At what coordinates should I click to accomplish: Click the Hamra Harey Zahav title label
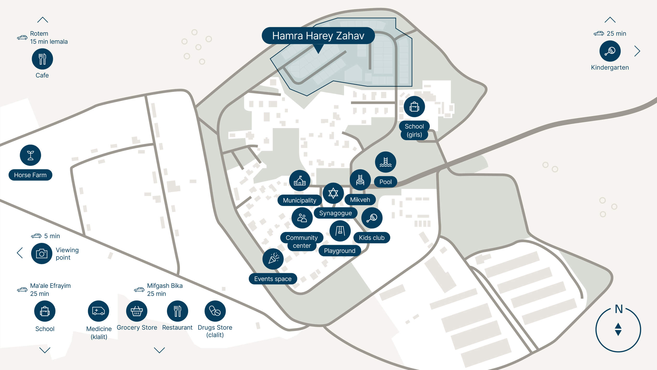tap(318, 36)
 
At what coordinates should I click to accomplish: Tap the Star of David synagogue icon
tap(333, 193)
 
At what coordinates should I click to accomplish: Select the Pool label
tap(385, 182)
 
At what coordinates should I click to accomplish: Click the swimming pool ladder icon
tap(386, 162)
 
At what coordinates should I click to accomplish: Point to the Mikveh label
tap(360, 200)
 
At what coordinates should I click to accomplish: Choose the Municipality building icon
tap(300, 181)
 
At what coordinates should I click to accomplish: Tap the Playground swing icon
tap(340, 231)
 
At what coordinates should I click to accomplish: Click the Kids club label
tap(372, 238)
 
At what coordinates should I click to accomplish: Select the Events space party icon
tap(273, 259)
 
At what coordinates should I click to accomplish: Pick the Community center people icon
tap(302, 218)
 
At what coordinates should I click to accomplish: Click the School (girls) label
tap(414, 130)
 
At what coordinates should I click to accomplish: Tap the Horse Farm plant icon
tap(31, 155)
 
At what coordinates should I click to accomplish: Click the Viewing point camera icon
tap(42, 253)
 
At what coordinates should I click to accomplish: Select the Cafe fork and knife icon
tap(42, 59)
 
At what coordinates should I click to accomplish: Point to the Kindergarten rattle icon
tap(610, 51)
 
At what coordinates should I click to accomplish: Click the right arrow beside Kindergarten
tap(637, 51)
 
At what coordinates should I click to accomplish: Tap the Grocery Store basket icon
tap(137, 311)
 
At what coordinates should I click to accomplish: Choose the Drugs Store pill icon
tap(215, 311)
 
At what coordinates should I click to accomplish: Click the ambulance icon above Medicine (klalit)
tap(99, 311)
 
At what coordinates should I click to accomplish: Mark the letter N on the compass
tap(619, 309)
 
